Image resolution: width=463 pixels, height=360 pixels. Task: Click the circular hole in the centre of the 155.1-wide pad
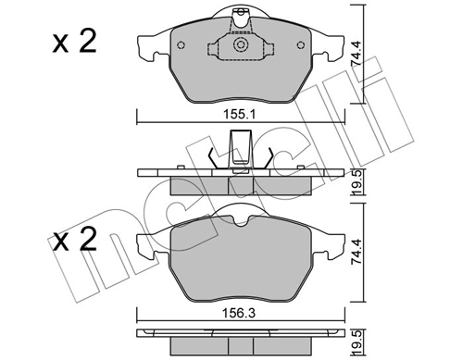(x=241, y=47)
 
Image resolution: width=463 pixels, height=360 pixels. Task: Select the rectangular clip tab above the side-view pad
(x=241, y=149)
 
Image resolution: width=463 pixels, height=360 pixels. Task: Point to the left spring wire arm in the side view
(x=214, y=160)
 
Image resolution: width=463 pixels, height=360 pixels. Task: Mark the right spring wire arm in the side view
(x=267, y=160)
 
